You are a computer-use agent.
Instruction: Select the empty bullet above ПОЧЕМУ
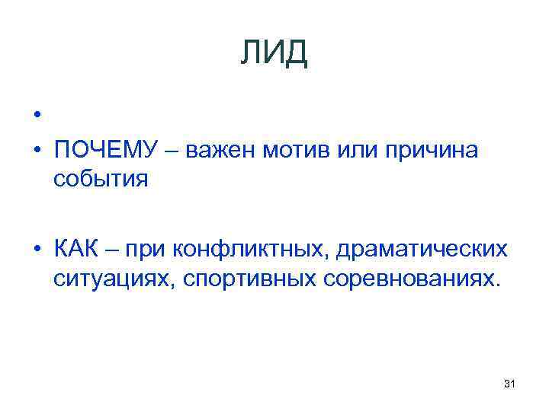point(37,116)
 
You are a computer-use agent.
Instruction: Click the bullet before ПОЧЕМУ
point(37,151)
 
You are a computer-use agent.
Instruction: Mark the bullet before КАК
point(37,250)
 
